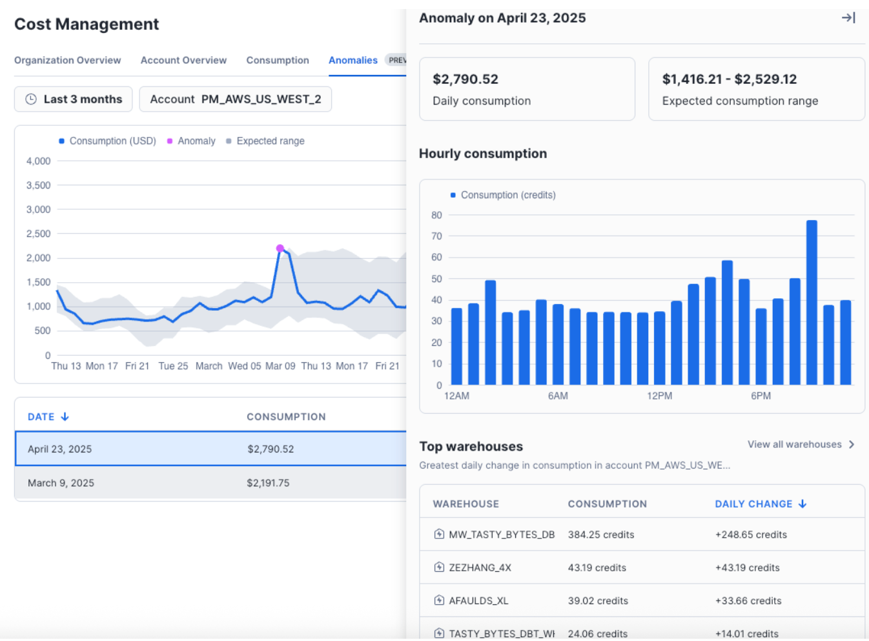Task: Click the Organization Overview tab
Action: coord(67,60)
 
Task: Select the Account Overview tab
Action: coord(183,60)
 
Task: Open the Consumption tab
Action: coord(277,60)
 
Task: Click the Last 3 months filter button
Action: coord(73,99)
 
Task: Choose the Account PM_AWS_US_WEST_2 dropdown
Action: coord(235,99)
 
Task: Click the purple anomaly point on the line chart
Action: coord(280,249)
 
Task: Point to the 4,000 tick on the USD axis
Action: coord(38,161)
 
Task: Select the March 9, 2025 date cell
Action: coord(61,483)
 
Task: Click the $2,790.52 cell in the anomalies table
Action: coord(271,449)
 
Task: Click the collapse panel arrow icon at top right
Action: coord(848,18)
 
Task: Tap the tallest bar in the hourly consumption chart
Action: coord(812,302)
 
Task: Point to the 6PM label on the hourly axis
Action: coord(761,396)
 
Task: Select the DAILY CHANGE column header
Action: coord(760,504)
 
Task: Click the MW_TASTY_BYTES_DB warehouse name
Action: coord(501,534)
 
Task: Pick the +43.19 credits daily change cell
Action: coord(747,568)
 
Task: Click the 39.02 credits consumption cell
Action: coord(598,601)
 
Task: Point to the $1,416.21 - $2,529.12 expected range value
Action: coord(729,79)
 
